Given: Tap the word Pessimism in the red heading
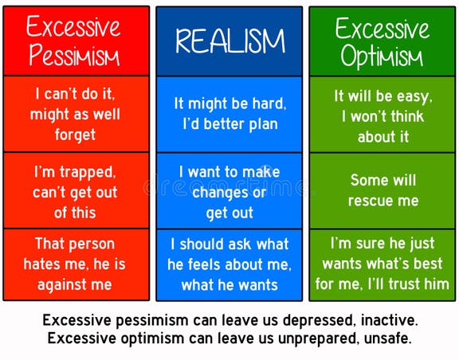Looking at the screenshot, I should click(74, 56).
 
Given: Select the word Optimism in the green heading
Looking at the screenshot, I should click(382, 57).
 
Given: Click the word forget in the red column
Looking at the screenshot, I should click(75, 135).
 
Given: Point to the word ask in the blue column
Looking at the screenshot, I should click(242, 245).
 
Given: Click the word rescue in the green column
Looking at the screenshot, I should click(374, 201).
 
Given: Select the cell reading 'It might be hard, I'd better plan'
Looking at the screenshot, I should click(229, 114).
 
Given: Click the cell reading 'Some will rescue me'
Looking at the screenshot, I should click(382, 190).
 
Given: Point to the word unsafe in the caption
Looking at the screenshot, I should click(387, 338).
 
